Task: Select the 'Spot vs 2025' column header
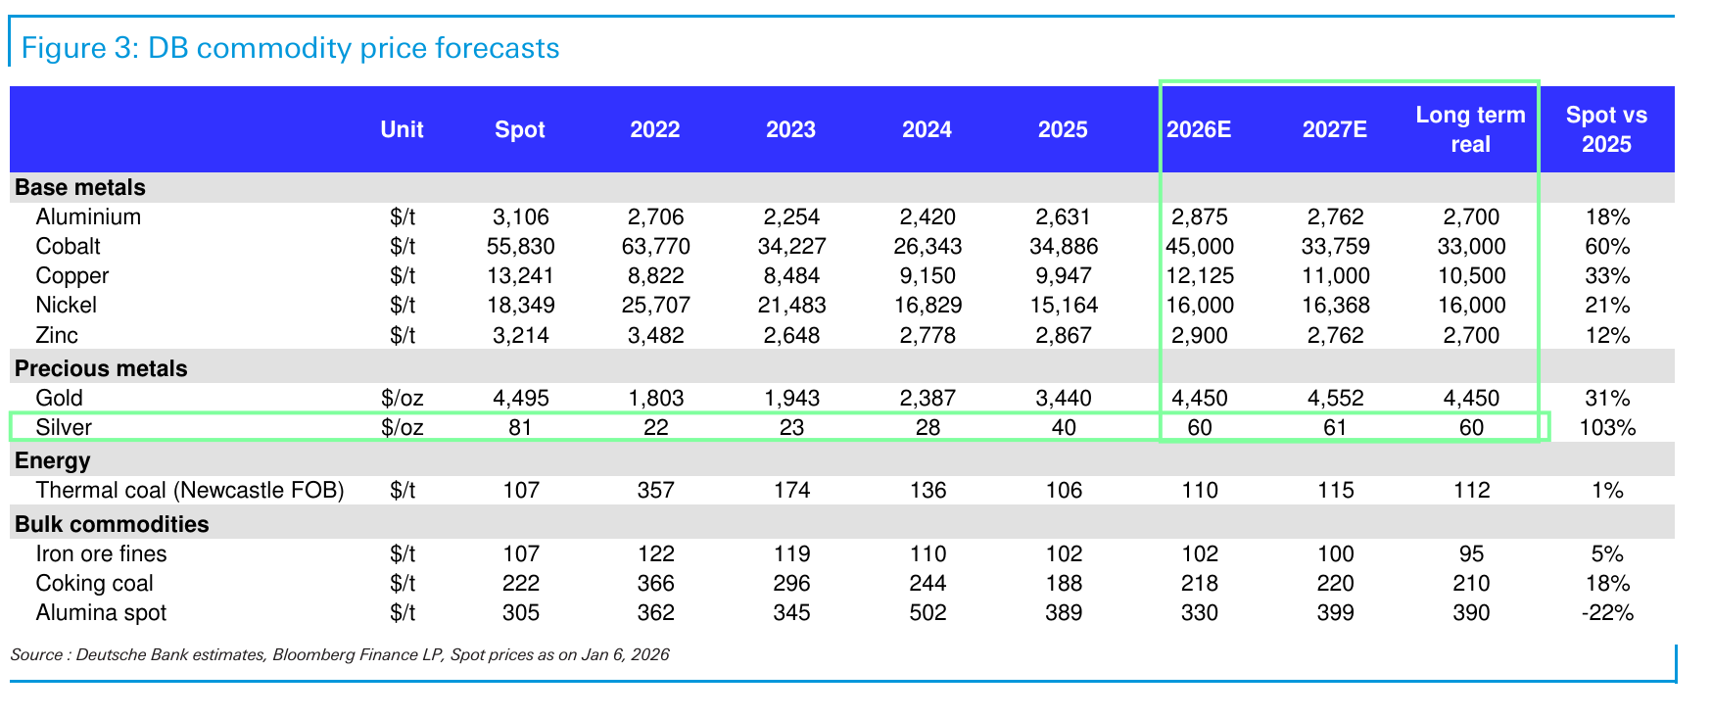1606,129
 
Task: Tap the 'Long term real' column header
1470,129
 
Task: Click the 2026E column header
1199,130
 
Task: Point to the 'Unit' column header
402,130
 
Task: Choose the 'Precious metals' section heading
101,368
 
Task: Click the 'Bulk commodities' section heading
112,524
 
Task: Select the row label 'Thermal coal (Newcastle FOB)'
190,490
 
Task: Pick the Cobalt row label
68,246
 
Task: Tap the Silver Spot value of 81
520,427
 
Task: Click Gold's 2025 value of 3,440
1063,398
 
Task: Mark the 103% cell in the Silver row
1607,427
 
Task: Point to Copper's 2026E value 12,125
1200,275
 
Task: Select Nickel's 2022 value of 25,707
655,305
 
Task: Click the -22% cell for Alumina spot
1607,612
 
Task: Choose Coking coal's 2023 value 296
791,583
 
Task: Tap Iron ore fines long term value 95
1471,553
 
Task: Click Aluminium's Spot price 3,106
520,216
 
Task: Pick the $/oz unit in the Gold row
403,398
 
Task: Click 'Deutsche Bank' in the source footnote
122,654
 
